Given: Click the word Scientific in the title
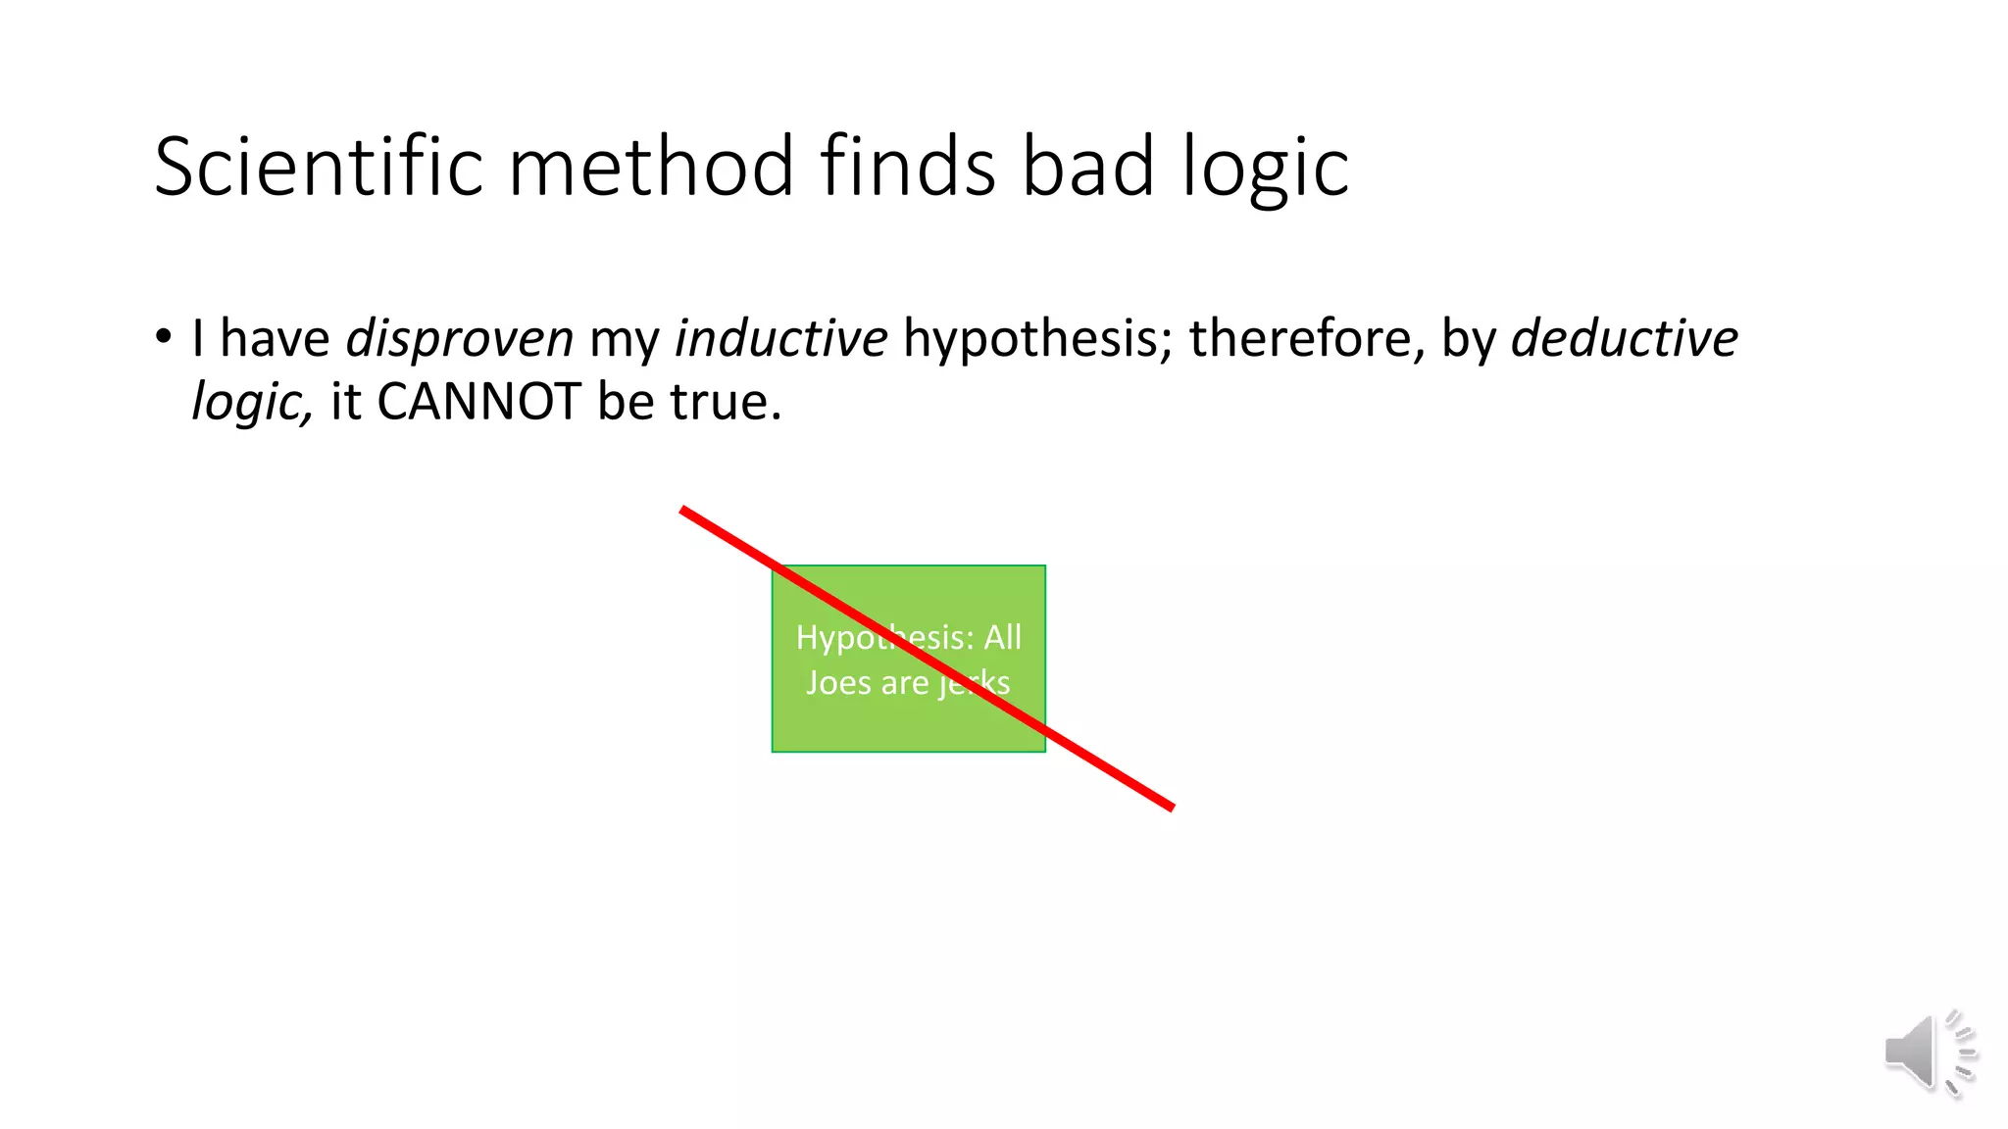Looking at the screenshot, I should [318, 167].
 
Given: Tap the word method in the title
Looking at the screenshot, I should [651, 167].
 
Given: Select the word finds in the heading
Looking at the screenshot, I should [908, 167].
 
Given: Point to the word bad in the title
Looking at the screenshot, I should [1087, 167].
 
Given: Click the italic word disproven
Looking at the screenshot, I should [459, 339].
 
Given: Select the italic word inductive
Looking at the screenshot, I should [780, 339].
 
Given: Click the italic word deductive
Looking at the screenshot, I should [1624, 339].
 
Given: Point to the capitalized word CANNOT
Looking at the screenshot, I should [479, 402].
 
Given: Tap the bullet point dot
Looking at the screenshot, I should [163, 337].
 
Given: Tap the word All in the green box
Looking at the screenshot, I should [1002, 637].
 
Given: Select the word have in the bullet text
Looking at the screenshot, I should [275, 339].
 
